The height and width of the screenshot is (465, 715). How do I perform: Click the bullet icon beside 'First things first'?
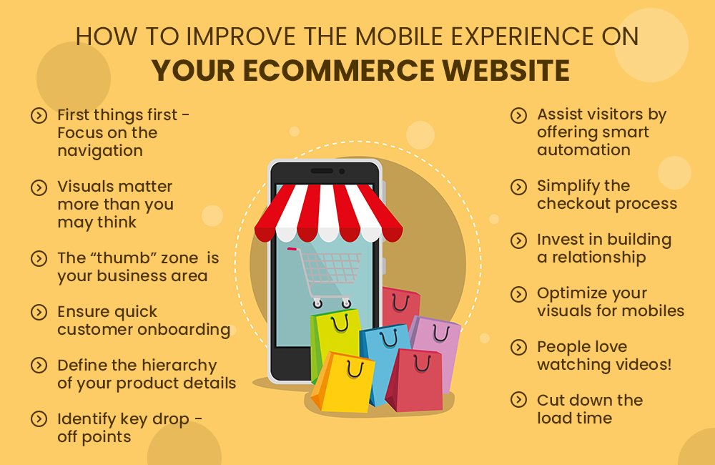pyautogui.click(x=39, y=115)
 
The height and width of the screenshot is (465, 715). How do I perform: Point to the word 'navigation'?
pyautogui.click(x=100, y=151)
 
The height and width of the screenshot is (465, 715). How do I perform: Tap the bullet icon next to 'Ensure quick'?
pyautogui.click(x=39, y=313)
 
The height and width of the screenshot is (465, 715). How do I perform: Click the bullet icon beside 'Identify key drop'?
pyautogui.click(x=39, y=419)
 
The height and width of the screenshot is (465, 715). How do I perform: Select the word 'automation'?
pyautogui.click(x=583, y=150)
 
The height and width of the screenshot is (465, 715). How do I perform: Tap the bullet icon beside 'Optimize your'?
pyautogui.click(x=518, y=294)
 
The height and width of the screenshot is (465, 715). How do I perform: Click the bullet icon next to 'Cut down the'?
pyautogui.click(x=518, y=401)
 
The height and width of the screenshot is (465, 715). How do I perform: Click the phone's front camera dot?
pyautogui.click(x=342, y=172)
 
